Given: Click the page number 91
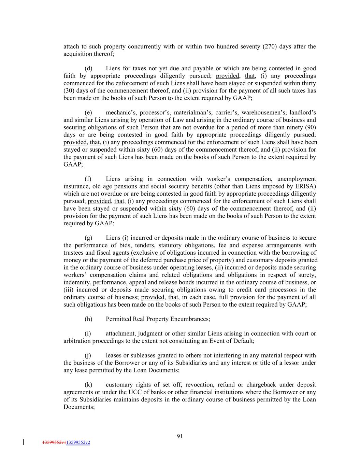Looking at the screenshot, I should pyautogui.click(x=180, y=436).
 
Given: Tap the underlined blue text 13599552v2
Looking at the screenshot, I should pyautogui.click(x=78, y=442).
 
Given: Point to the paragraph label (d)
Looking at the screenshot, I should pyautogui.click(x=88, y=68).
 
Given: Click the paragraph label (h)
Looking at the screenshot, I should pyautogui.click(x=88, y=319).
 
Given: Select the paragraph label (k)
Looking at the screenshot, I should pyautogui.click(x=88, y=385).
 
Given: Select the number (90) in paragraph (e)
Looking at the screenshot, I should pyautogui.click(x=309, y=127).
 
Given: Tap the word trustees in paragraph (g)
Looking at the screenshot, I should pyautogui.click(x=74, y=253).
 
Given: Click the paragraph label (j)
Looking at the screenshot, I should pyautogui.click(x=88, y=355).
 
